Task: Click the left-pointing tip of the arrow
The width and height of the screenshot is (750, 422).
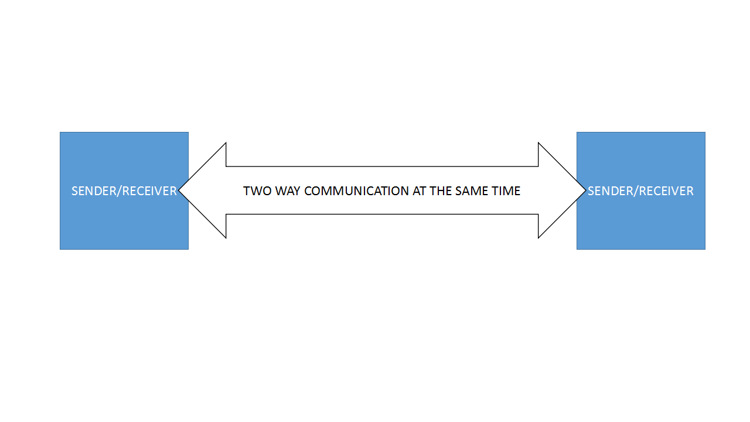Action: [180, 190]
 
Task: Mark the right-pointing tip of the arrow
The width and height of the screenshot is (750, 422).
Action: [585, 190]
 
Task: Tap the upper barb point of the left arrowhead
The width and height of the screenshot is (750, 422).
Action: [226, 143]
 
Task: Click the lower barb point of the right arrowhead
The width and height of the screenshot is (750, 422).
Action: [538, 238]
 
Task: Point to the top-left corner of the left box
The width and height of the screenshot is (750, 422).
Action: [60, 132]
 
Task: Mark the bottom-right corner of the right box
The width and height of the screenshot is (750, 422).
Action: [704, 249]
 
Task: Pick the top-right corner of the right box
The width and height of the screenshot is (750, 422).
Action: [704, 132]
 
